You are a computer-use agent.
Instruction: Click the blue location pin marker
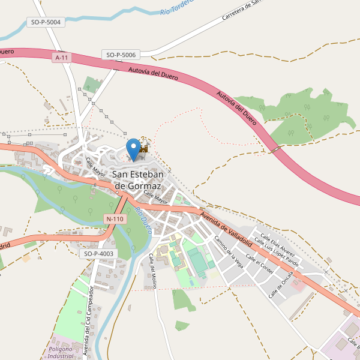[133, 148]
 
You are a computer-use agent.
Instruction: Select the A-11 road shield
[61, 58]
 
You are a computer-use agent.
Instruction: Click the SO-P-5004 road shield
[46, 22]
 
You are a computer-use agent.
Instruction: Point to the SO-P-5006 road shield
[122, 55]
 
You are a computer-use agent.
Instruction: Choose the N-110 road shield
[114, 219]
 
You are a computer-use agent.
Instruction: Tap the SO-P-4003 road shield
[98, 254]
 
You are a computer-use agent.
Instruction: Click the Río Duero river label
[143, 216]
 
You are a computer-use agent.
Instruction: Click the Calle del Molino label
[152, 271]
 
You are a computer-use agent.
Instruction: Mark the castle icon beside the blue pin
[143, 154]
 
